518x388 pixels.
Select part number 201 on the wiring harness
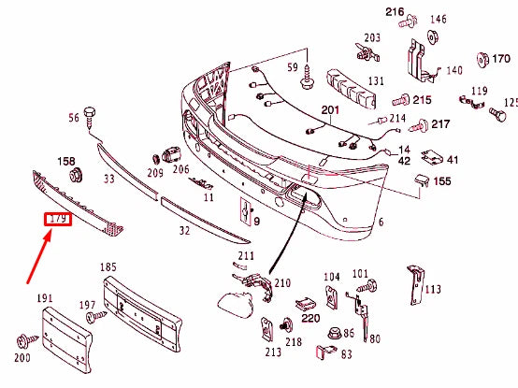pos(329,111)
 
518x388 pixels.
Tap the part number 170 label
pos(501,58)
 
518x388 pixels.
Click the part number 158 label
pos(66,161)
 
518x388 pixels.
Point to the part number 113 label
pos(432,289)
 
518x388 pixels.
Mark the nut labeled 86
pos(334,332)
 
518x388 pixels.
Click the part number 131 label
pos(376,80)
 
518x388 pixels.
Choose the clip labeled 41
pos(433,160)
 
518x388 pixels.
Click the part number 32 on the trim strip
pos(184,229)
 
